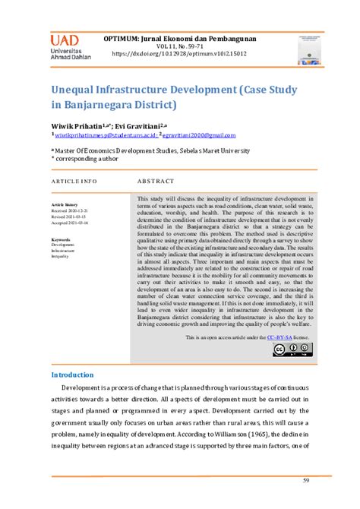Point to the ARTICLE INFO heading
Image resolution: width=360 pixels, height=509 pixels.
point(74,182)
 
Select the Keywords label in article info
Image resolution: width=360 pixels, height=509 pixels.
point(61,239)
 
